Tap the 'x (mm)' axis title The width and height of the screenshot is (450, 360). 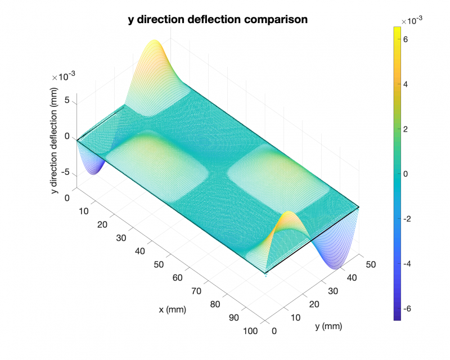pos(173,309)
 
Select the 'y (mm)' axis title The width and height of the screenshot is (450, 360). pos(328,326)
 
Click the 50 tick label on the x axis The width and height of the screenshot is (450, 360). pos(160,264)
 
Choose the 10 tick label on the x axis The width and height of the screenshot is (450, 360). pos(84,211)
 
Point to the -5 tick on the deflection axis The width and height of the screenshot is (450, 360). pos(65,172)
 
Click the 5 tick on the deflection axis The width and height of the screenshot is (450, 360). pos(67,101)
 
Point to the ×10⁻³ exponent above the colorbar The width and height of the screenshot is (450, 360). pos(412,20)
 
